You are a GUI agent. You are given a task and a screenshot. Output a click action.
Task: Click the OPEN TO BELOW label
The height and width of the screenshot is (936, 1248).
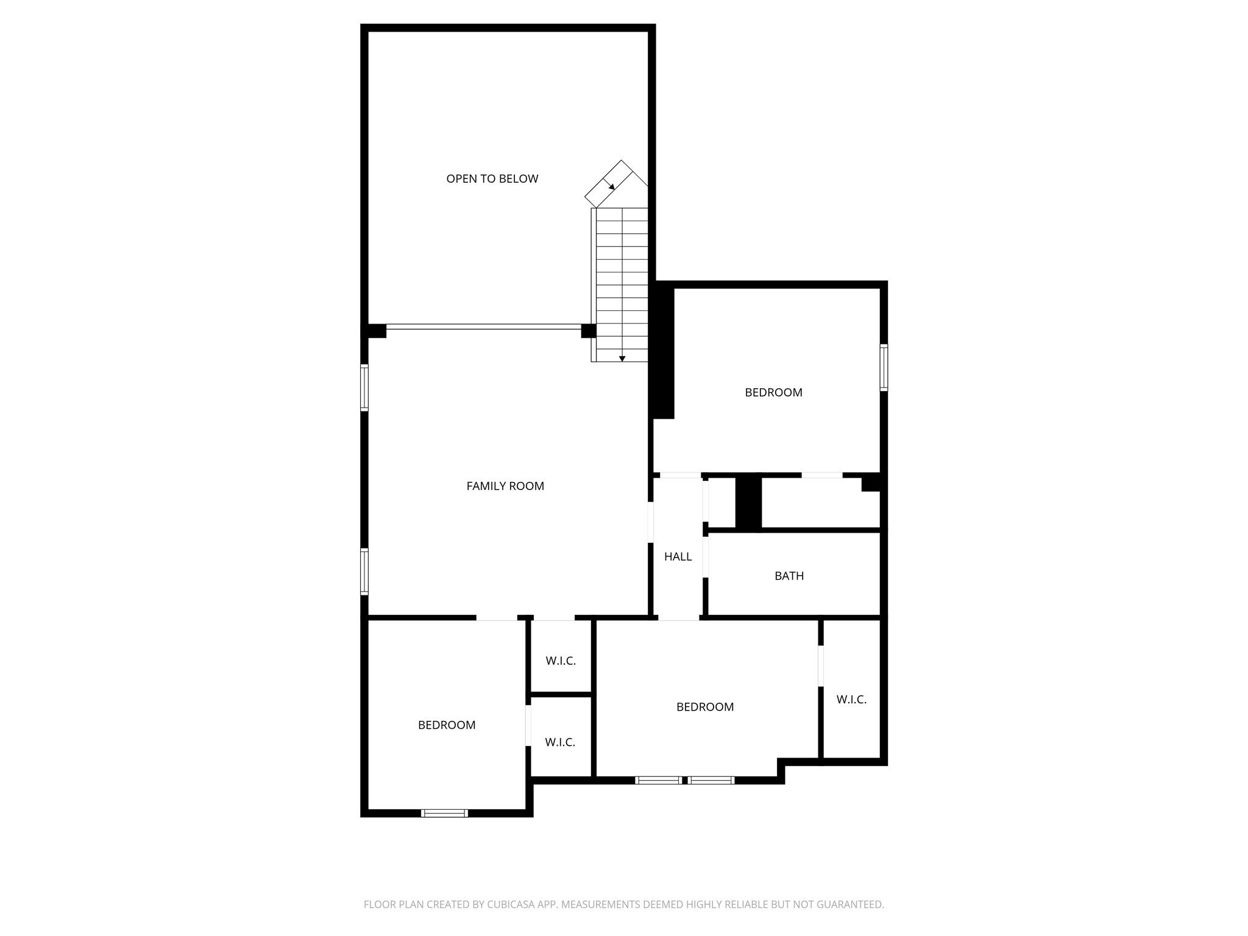pyautogui.click(x=492, y=179)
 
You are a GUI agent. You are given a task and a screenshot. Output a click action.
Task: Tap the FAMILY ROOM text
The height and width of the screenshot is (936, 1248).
pyautogui.click(x=505, y=486)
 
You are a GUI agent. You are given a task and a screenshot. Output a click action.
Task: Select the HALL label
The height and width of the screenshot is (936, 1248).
pyautogui.click(x=678, y=556)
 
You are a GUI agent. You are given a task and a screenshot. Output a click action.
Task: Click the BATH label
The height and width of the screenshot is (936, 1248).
pyautogui.click(x=789, y=576)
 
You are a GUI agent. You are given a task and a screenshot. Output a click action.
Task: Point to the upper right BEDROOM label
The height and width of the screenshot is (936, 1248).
pyautogui.click(x=773, y=392)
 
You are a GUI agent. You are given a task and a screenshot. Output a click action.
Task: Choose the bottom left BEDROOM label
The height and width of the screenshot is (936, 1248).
pyautogui.click(x=446, y=725)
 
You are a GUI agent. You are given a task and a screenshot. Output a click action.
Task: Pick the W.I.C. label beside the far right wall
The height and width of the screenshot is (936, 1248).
pyautogui.click(x=851, y=700)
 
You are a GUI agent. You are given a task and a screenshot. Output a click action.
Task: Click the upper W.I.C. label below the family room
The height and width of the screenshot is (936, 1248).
pyautogui.click(x=560, y=661)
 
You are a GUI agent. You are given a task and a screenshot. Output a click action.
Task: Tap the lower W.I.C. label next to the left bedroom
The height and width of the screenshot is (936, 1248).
pyautogui.click(x=559, y=742)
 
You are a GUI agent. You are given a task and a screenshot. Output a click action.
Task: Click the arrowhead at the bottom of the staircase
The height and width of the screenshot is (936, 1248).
pyautogui.click(x=622, y=359)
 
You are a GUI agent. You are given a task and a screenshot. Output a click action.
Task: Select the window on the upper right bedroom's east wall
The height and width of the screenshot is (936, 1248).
pyautogui.click(x=883, y=367)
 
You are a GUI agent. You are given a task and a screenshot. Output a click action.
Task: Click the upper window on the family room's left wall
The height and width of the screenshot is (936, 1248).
pyautogui.click(x=364, y=387)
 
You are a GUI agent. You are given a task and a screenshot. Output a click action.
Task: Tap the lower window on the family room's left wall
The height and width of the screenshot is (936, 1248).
pyautogui.click(x=364, y=571)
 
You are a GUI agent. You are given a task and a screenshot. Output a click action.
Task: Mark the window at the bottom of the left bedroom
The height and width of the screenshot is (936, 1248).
pyautogui.click(x=444, y=812)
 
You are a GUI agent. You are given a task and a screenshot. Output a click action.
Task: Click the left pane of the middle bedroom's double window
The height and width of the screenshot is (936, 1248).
pyautogui.click(x=658, y=780)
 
